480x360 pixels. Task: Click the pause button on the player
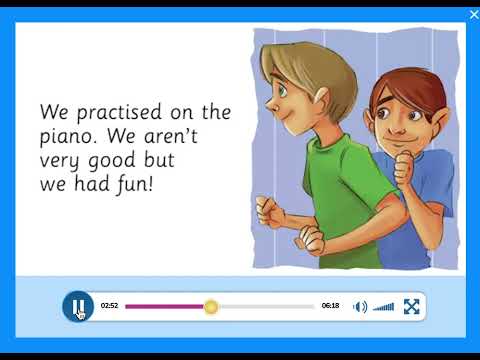click(x=77, y=306)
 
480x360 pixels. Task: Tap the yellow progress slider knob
click(x=211, y=306)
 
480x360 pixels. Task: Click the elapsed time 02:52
click(x=109, y=306)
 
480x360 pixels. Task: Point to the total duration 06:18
click(x=330, y=306)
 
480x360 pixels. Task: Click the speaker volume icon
click(x=360, y=307)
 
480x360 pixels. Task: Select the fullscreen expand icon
click(x=411, y=307)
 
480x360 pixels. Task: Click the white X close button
click(x=474, y=14)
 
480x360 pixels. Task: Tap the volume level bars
click(x=384, y=307)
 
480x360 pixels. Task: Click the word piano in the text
click(x=66, y=136)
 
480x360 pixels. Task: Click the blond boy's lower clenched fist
click(x=312, y=241)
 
